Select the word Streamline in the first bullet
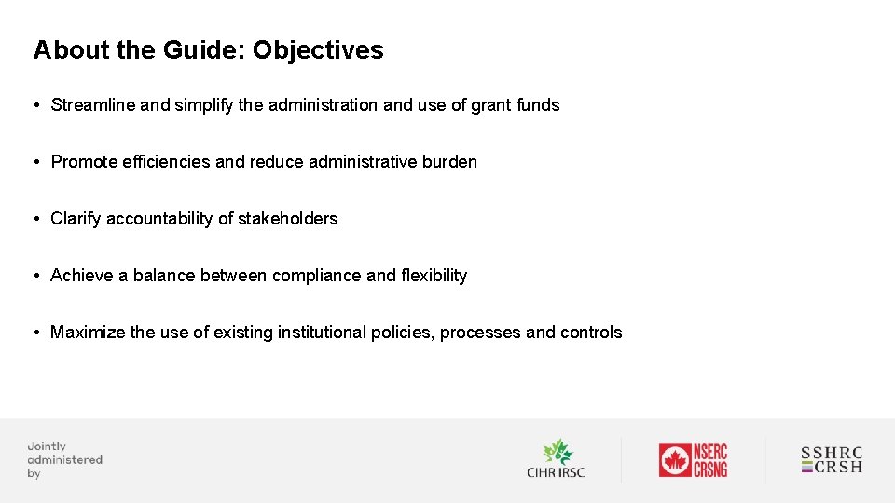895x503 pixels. [x=93, y=105]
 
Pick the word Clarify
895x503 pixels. [x=76, y=219]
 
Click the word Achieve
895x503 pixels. [x=82, y=276]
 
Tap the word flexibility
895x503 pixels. [x=434, y=276]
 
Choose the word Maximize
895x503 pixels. [x=88, y=333]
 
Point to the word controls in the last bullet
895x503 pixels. [x=591, y=333]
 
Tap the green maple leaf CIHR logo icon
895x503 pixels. [x=557, y=452]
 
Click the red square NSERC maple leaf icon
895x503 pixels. [x=674, y=460]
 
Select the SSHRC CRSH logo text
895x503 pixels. [x=832, y=460]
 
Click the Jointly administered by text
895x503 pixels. [x=63, y=460]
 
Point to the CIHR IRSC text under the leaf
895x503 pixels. [x=556, y=473]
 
